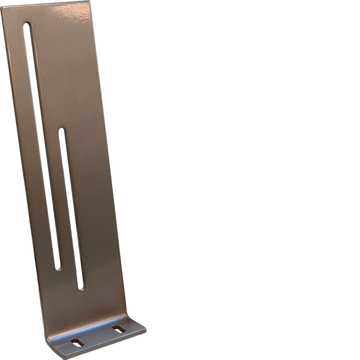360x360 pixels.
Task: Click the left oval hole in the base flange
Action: pyautogui.click(x=77, y=342)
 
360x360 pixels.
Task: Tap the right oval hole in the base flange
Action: pyautogui.click(x=119, y=329)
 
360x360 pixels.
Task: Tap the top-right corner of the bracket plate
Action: pyautogui.click(x=89, y=2)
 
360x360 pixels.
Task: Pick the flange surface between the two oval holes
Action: pyautogui.click(x=98, y=336)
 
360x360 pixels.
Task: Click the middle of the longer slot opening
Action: pyautogui.click(x=41, y=148)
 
